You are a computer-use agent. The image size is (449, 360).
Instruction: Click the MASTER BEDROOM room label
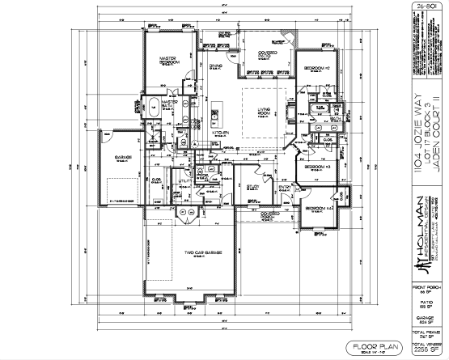pyautogui.click(x=167, y=62)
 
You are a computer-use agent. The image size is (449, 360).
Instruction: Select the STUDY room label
pyautogui.click(x=252, y=188)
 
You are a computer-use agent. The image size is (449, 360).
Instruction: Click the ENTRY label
pyautogui.click(x=285, y=187)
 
